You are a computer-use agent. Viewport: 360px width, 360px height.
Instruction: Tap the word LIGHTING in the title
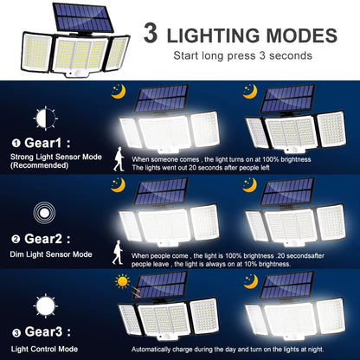coord(218,36)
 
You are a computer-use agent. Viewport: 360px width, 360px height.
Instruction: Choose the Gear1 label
coord(44,144)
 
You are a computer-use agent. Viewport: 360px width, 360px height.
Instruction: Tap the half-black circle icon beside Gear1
coord(44,117)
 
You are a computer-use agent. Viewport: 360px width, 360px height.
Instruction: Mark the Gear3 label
coord(44,335)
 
